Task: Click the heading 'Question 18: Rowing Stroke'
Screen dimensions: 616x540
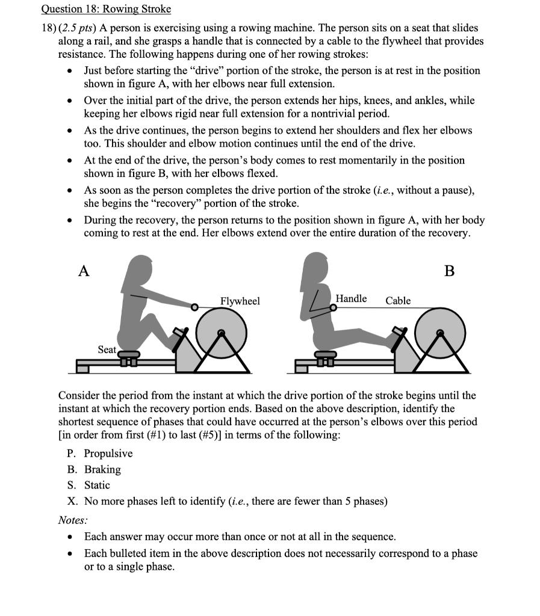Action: click(x=106, y=9)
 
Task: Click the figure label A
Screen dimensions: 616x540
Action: click(x=84, y=271)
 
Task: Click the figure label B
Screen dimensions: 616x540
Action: click(x=449, y=271)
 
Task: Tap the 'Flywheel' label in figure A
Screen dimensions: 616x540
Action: click(x=240, y=301)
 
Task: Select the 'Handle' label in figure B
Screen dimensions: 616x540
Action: click(x=351, y=298)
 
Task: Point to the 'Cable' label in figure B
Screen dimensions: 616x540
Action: click(x=398, y=300)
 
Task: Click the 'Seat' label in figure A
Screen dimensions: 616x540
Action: click(x=107, y=350)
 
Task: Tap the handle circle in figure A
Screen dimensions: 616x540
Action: click(x=194, y=307)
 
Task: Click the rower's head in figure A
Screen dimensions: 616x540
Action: click(x=142, y=265)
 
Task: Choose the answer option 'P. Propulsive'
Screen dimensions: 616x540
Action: click(x=100, y=454)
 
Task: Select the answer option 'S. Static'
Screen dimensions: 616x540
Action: click(x=88, y=485)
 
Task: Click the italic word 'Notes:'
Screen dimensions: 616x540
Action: click(x=73, y=519)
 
